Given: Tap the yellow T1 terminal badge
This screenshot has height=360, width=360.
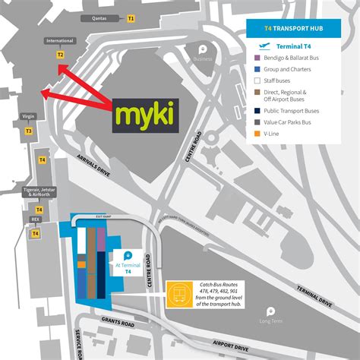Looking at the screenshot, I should [x=131, y=17].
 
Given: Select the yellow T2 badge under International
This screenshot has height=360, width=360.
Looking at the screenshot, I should [x=61, y=55].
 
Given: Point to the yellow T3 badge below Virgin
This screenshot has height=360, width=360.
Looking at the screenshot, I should [x=29, y=131].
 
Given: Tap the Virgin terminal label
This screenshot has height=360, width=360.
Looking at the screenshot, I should [x=29, y=118].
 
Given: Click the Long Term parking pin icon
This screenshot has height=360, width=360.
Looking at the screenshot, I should [x=270, y=311].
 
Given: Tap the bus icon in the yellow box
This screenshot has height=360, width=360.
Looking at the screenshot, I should [x=178, y=290].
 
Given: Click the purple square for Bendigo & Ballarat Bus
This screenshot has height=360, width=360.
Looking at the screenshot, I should [x=258, y=58].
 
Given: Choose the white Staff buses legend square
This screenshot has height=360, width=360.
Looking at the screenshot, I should [x=258, y=79].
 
